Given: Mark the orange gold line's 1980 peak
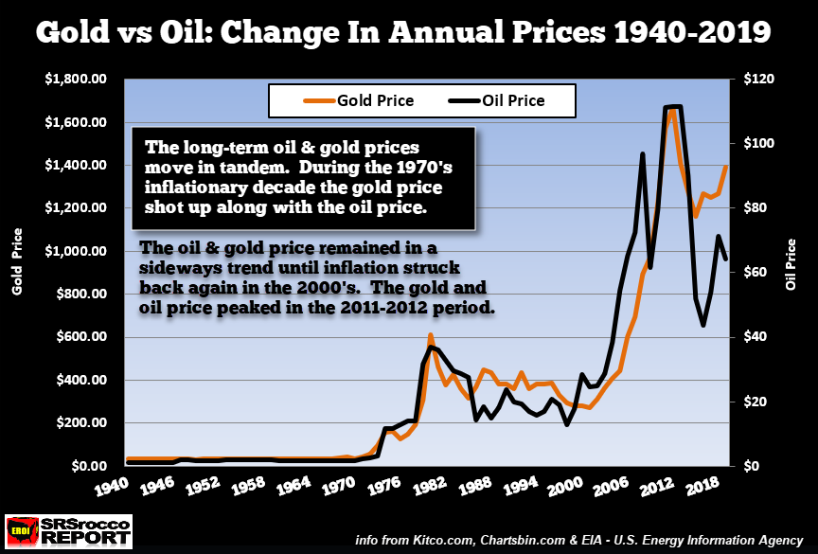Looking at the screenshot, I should (430, 335).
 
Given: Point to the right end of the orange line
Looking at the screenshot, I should (726, 168).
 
